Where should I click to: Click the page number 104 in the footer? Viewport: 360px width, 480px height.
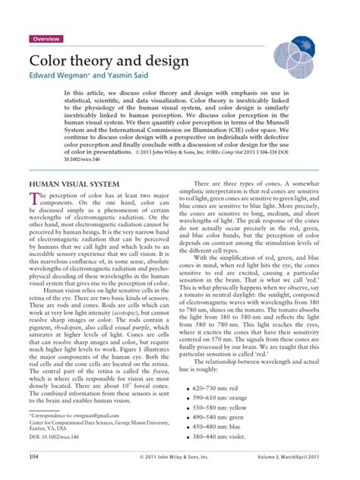33,458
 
